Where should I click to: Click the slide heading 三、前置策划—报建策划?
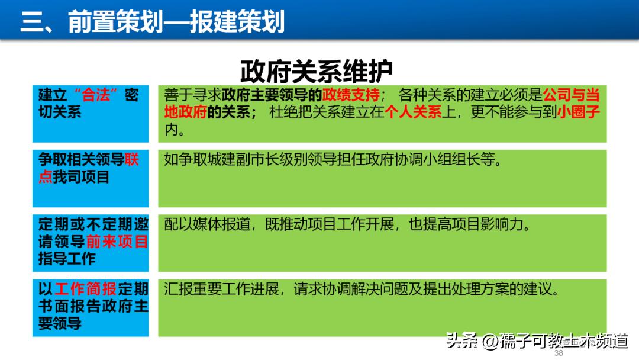pyautogui.click(x=153, y=22)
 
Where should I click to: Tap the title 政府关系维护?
pyautogui.click(x=317, y=72)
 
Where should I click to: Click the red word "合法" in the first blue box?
pyautogui.click(x=96, y=95)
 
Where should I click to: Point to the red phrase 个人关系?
pyautogui.click(x=413, y=112)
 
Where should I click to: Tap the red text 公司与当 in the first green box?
pyautogui.click(x=572, y=95)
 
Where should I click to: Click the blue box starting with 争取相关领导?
pyautogui.click(x=91, y=178)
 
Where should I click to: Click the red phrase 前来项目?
pyautogui.click(x=117, y=242)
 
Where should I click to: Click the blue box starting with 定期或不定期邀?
pyautogui.click(x=91, y=242)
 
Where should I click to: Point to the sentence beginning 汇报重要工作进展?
pyautogui.click(x=361, y=290)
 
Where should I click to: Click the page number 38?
pyautogui.click(x=558, y=353)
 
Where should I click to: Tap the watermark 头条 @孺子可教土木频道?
pyautogui.click(x=537, y=341)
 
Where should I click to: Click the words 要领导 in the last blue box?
pyautogui.click(x=60, y=323)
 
